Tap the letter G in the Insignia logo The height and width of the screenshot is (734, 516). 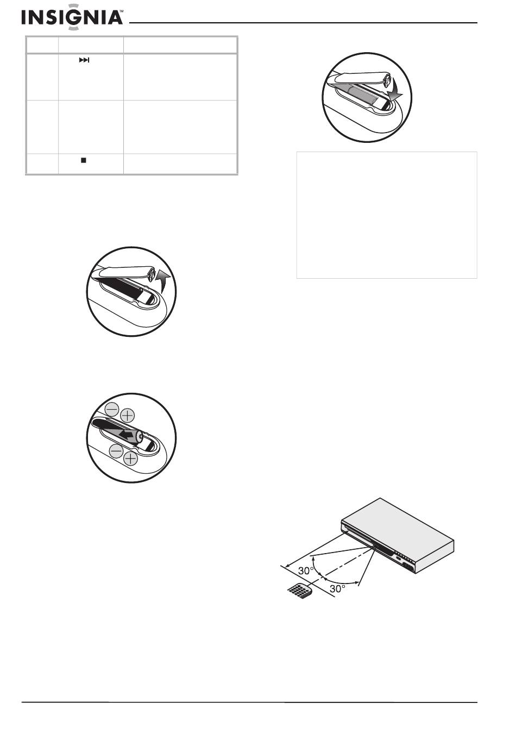(74, 17)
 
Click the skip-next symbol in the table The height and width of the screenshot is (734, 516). (84, 60)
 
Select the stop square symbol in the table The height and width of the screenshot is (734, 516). (84, 160)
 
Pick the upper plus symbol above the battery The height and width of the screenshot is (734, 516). (128, 416)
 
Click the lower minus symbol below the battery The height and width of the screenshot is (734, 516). (116, 451)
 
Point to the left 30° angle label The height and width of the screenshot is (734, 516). (306, 571)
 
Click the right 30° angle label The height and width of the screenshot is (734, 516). (337, 588)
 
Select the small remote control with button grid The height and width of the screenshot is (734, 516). (300, 591)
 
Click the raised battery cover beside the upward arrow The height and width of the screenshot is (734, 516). (125, 272)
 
